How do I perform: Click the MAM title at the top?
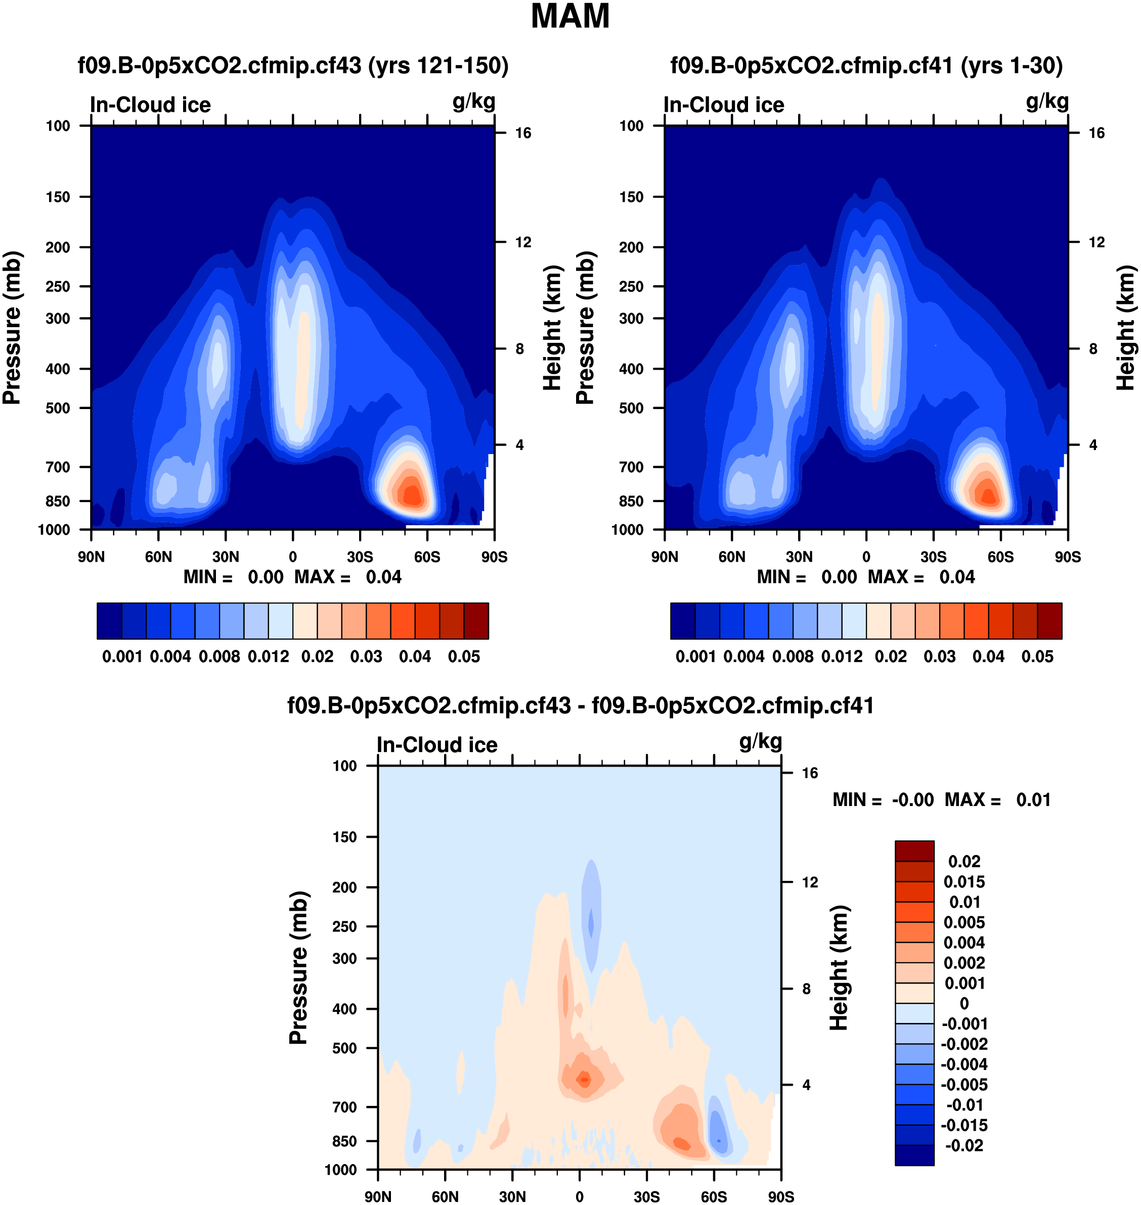(x=570, y=16)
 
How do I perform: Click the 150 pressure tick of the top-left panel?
(x=58, y=197)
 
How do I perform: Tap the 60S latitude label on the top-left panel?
(x=427, y=557)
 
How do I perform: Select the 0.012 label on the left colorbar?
(x=268, y=657)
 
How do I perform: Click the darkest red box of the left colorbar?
(x=476, y=621)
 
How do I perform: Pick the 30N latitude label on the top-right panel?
(x=799, y=557)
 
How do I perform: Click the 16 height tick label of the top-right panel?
(x=1096, y=133)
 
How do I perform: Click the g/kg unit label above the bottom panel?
(x=760, y=742)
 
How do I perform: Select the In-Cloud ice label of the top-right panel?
(x=724, y=105)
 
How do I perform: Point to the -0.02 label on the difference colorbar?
(x=964, y=1145)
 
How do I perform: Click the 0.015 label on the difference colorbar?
(x=964, y=882)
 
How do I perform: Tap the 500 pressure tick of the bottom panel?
(x=344, y=1048)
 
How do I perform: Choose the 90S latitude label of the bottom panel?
(x=780, y=1197)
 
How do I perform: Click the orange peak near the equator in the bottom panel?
(x=584, y=1080)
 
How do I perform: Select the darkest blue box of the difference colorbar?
(x=914, y=1155)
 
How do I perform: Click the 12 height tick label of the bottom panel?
(x=810, y=882)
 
